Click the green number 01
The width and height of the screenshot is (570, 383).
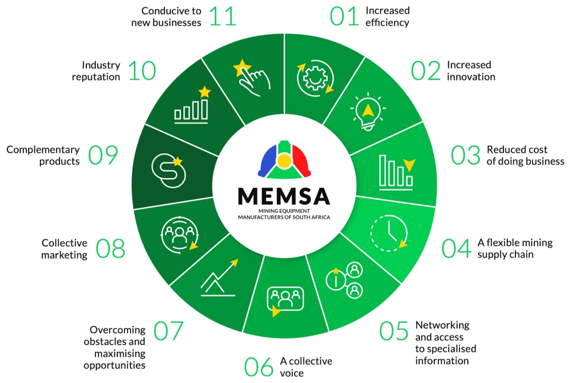point(344,16)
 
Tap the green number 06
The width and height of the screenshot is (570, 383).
point(259,367)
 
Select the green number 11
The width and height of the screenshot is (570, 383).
point(223,16)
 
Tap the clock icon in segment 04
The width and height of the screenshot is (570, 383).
point(389,233)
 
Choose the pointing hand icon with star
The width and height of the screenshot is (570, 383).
point(252,78)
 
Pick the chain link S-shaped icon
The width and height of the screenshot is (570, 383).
point(169,171)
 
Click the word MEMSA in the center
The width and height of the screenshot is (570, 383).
point(284,196)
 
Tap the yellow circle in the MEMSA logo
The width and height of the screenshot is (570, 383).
point(284,160)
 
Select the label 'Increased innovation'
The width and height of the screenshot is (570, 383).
point(471,71)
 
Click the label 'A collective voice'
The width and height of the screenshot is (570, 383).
point(306,367)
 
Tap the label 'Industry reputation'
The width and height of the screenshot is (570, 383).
point(96,71)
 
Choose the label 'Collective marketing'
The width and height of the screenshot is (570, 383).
point(64,249)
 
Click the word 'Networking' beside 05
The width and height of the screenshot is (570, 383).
point(442,325)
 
